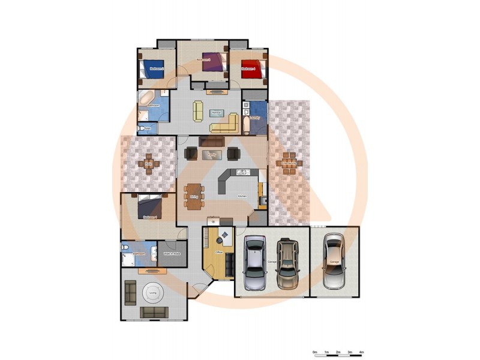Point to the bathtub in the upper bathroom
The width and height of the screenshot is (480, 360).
pos(146,98)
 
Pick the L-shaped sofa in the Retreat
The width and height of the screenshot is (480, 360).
pos(225,124)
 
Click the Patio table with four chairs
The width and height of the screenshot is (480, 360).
pos(149,163)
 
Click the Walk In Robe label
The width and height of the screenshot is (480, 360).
pos(172,254)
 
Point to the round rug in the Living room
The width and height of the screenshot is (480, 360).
pos(154,293)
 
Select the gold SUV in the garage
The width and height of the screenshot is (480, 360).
pos(288,262)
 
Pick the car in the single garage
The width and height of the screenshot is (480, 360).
pos(334,260)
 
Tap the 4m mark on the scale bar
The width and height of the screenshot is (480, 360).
pos(361,352)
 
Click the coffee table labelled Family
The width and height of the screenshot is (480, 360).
pos(211,154)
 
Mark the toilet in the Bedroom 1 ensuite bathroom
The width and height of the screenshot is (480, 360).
pos(124,248)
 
